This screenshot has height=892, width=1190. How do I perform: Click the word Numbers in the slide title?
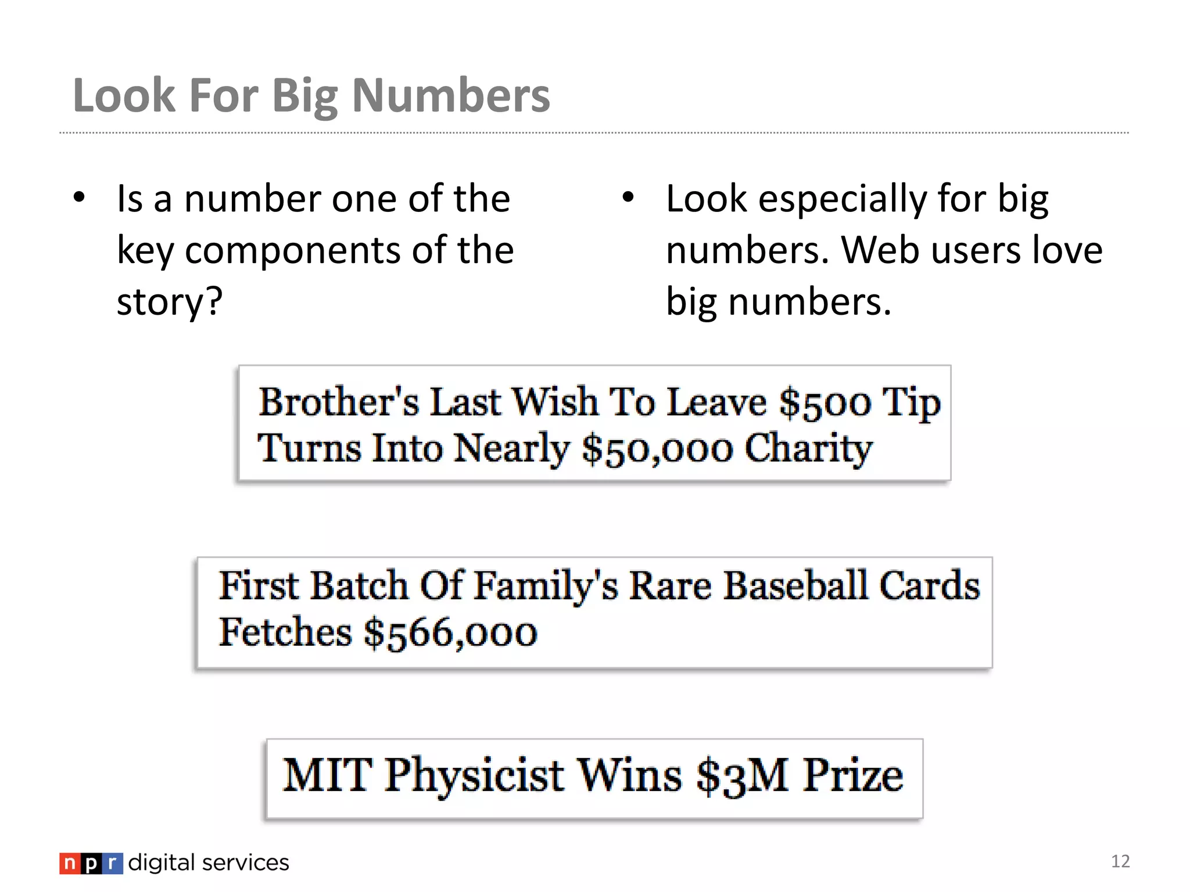(451, 96)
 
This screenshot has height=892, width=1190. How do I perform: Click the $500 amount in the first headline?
(825, 402)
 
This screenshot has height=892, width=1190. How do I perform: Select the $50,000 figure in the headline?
(657, 449)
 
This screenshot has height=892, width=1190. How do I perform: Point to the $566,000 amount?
(450, 632)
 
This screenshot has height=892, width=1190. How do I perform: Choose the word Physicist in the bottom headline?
(474, 776)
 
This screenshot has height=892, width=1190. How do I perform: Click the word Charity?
(808, 449)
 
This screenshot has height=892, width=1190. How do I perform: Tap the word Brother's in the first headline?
(338, 402)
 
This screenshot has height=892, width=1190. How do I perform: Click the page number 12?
(1120, 861)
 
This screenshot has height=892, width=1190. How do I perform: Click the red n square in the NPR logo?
(69, 864)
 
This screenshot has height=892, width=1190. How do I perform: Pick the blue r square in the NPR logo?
(113, 864)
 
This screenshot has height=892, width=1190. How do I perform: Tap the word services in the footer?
(245, 863)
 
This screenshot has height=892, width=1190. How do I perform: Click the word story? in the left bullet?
(170, 302)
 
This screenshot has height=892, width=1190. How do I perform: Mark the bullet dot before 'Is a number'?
(80, 197)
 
